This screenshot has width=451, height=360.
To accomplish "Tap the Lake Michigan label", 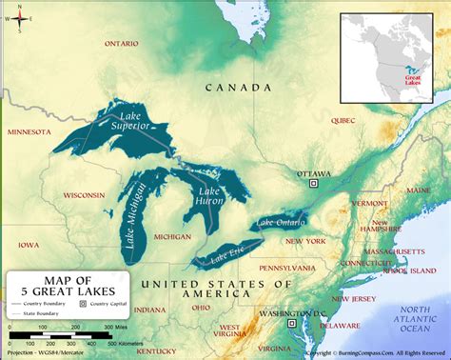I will coord(135,215).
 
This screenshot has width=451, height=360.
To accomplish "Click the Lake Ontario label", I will coord(279,223).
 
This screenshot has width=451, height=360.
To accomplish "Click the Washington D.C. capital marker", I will coord(291,324).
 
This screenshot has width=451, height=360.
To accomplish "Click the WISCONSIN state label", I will coord(84,194).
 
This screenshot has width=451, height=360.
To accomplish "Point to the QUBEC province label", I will coord(343,121).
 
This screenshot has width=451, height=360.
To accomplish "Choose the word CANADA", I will coord(233,87).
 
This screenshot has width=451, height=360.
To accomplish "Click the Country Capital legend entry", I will coord(107,303).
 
